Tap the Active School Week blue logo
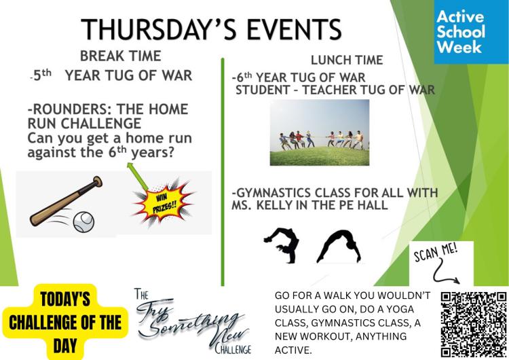(x=472, y=32)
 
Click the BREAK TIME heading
(x=120, y=56)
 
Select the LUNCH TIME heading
(x=347, y=60)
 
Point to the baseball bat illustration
(x=66, y=202)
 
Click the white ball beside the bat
(x=83, y=222)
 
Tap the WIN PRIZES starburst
(x=164, y=202)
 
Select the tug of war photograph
(x=320, y=132)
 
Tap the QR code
(x=474, y=324)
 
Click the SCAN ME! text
(x=436, y=253)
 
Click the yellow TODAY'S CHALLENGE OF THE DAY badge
(x=65, y=322)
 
